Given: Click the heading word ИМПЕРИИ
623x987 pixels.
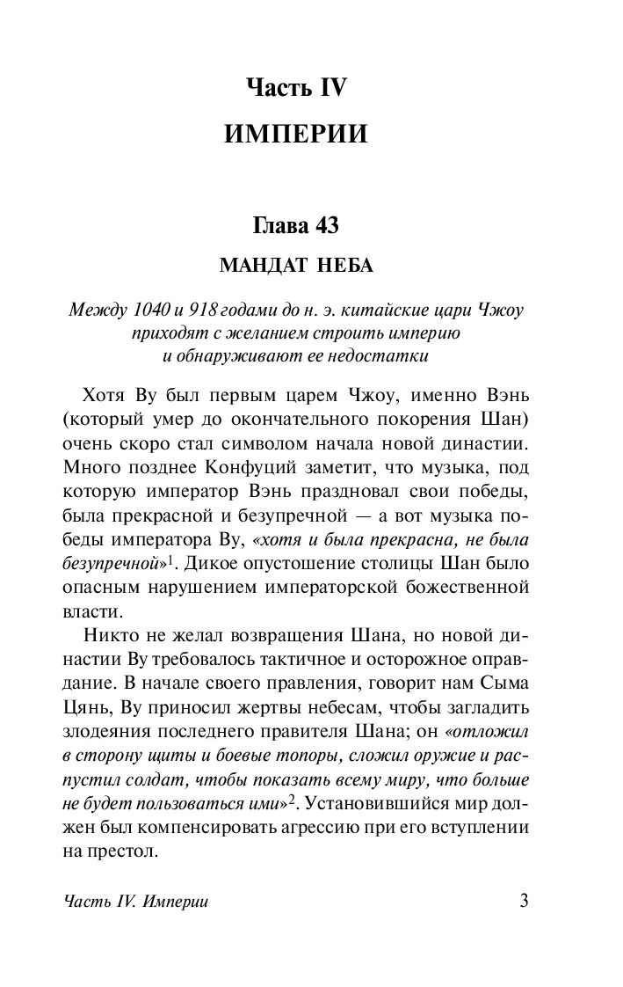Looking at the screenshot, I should click(x=295, y=134).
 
